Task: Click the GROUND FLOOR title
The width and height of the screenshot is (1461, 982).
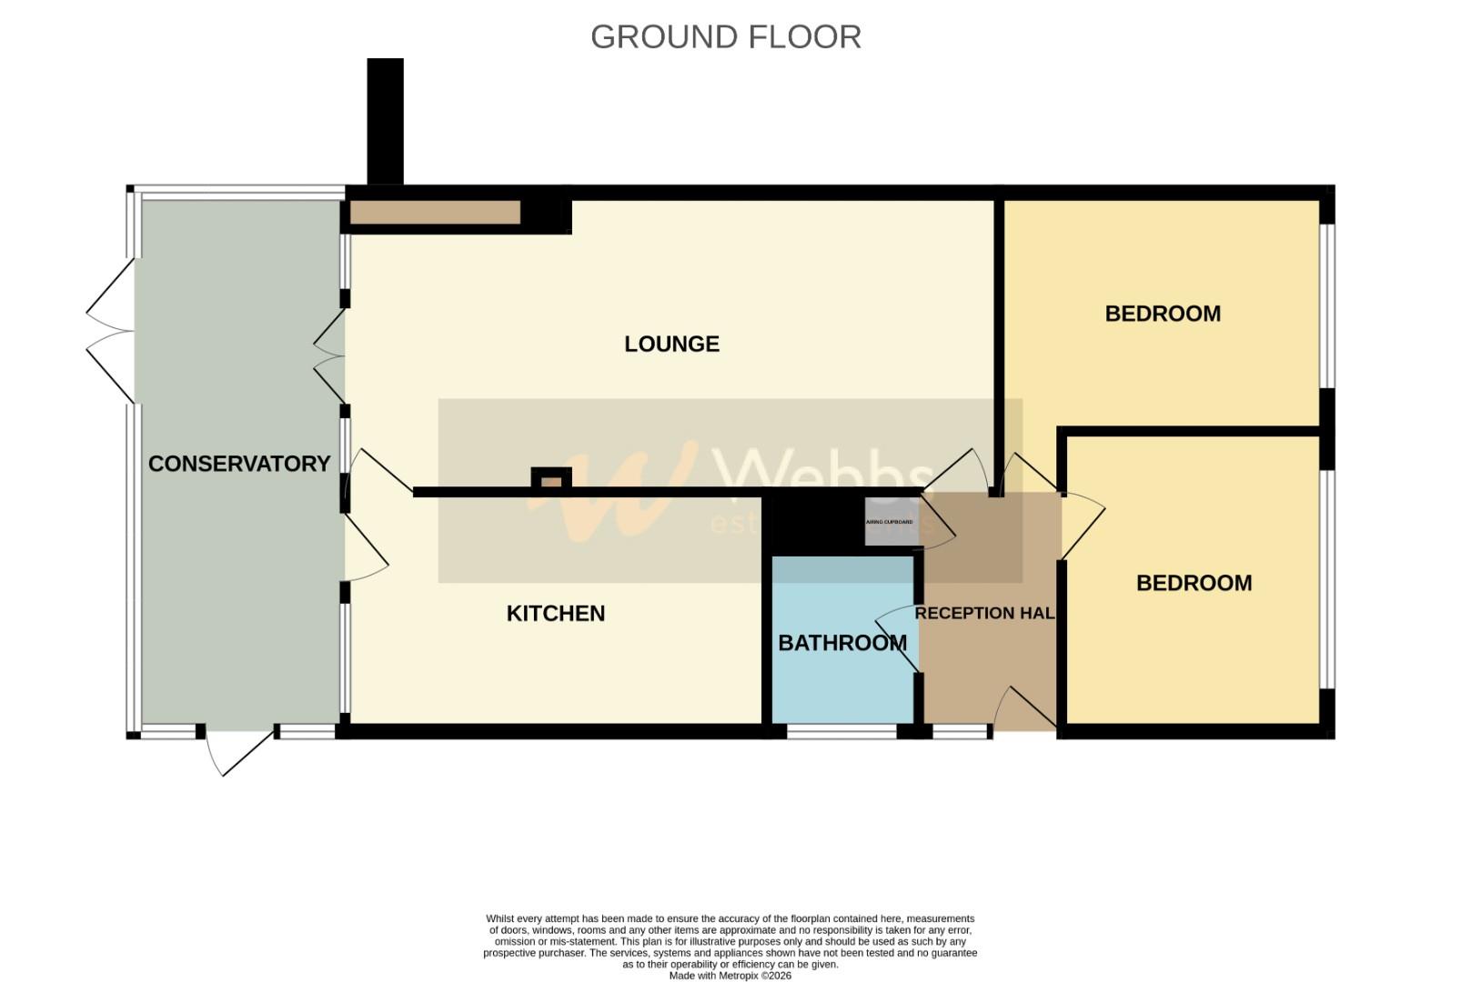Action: (725, 37)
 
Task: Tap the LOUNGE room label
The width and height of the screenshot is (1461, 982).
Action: (671, 344)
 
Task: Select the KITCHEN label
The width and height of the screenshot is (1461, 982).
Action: (555, 614)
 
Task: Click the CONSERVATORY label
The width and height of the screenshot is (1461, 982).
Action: (239, 464)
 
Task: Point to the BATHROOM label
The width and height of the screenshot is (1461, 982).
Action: (842, 643)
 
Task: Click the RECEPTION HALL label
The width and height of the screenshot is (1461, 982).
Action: (984, 613)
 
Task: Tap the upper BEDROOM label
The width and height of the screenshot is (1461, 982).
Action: (1163, 314)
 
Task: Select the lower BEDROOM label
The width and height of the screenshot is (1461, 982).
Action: (1194, 583)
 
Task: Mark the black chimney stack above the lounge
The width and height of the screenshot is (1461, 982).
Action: (385, 121)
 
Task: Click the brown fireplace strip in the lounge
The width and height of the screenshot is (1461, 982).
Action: (435, 213)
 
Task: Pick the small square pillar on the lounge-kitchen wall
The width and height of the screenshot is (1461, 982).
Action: (551, 479)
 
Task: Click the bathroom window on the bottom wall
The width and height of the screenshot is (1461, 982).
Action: (841, 731)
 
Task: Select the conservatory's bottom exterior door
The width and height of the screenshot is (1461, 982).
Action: (238, 750)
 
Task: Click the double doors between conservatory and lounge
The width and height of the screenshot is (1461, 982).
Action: (331, 356)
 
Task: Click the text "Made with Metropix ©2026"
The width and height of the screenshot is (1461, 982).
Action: (730, 976)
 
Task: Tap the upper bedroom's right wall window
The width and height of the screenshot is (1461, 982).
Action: (1327, 306)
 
